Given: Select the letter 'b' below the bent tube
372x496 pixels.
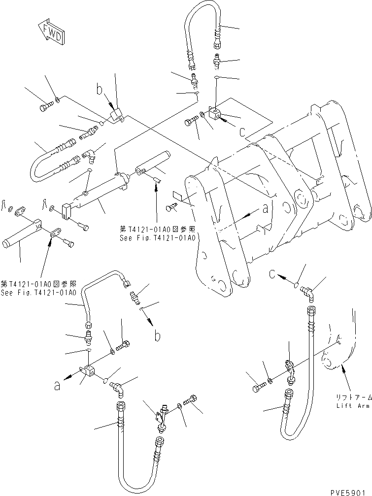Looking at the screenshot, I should tap(157, 337).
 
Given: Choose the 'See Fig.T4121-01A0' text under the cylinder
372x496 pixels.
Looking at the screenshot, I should tap(158, 237).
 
